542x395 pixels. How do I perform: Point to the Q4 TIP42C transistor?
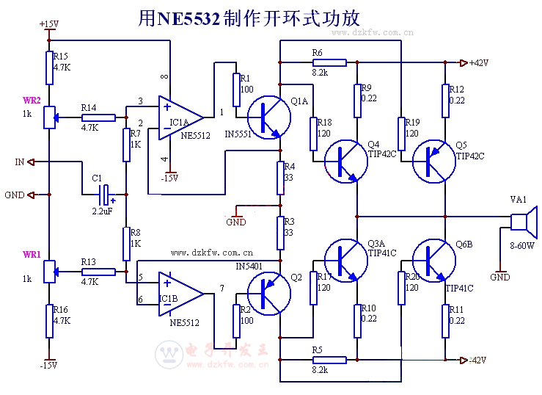(345, 162)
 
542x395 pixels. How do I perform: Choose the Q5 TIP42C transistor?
(433, 162)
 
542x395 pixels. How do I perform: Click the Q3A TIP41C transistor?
(345, 259)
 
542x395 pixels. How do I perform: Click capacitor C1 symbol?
(106, 195)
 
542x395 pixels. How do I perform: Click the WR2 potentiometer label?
(32, 100)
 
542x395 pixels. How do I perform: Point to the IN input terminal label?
(20, 162)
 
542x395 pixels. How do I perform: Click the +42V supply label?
(479, 62)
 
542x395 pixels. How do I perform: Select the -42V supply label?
(479, 360)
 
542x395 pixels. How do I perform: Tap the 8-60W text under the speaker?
(522, 247)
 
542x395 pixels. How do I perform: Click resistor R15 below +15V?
(49, 68)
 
